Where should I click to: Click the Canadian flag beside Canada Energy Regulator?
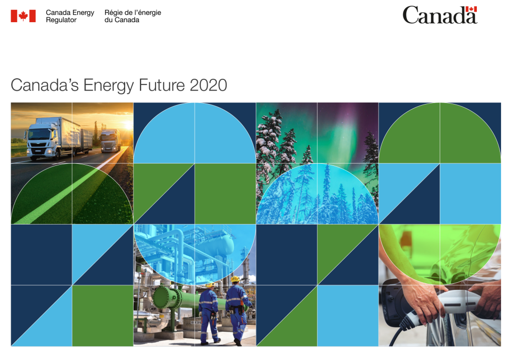click(23, 16)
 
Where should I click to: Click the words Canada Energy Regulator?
click(70, 16)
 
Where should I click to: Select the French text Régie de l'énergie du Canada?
click(133, 16)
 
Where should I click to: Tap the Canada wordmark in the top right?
click(440, 15)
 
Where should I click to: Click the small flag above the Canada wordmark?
click(471, 9)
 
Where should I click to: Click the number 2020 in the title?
click(208, 85)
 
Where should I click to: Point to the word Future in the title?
click(162, 85)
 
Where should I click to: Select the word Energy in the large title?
click(109, 86)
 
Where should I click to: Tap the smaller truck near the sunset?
click(111, 141)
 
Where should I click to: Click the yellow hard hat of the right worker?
click(235, 279)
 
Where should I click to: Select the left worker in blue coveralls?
click(209, 314)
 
